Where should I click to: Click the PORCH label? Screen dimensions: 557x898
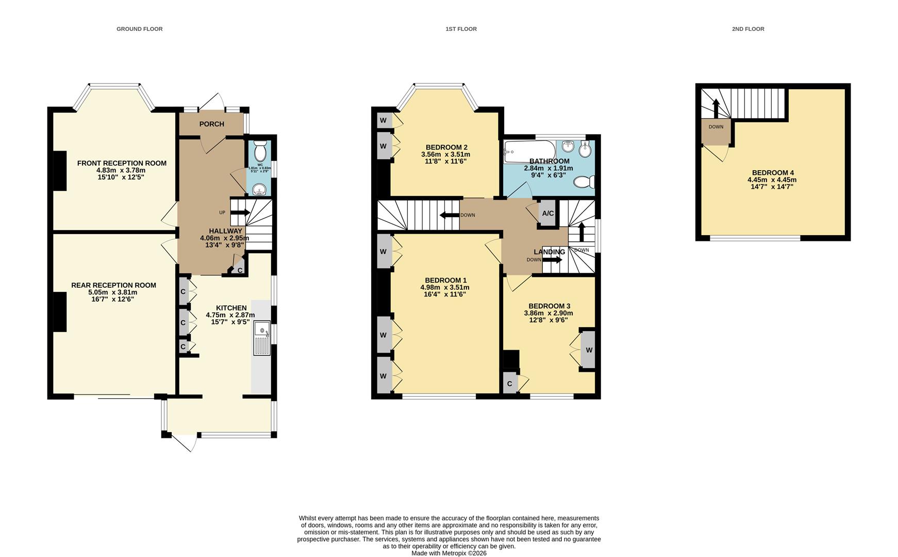pos(211,124)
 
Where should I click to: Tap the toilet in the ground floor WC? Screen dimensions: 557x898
pos(260,152)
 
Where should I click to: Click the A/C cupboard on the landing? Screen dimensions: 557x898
pos(547,214)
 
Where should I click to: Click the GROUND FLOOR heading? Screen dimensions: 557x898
pos(139,29)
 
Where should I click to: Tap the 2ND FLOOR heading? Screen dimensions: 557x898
pos(747,29)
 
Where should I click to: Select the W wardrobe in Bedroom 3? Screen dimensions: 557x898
pos(588,350)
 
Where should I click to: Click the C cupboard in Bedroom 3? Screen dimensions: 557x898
pos(509,384)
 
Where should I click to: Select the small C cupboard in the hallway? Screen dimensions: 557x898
pos(239,269)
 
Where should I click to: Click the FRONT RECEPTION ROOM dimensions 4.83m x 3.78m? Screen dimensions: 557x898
pos(121,170)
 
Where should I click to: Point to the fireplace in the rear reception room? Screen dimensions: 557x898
pos(60,312)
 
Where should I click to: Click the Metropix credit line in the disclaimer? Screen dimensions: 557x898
pos(448,553)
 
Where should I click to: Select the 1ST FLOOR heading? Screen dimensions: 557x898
pos(461,29)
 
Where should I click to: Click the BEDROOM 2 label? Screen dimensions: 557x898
pos(446,147)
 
